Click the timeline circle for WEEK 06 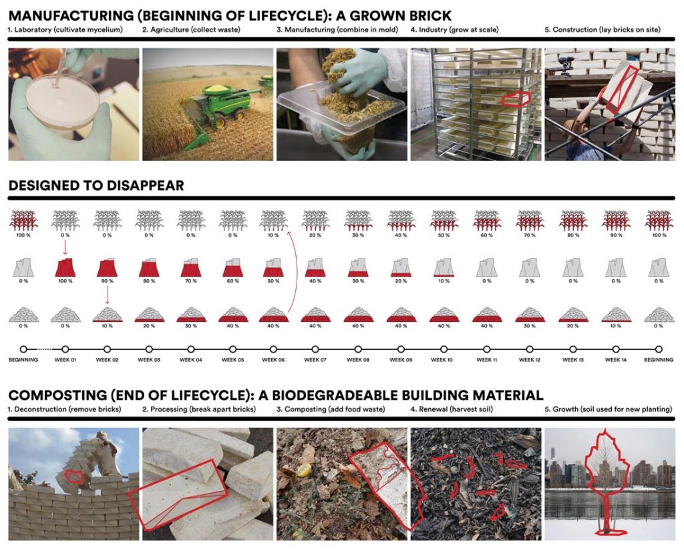273,349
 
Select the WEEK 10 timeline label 442,360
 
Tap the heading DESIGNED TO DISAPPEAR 96,186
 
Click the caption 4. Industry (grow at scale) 454,29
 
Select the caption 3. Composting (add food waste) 331,409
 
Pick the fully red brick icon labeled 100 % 65,267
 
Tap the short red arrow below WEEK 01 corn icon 65,247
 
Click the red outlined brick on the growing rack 516,99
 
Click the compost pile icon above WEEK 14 615,315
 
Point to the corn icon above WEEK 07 315,220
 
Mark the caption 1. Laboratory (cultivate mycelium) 65,29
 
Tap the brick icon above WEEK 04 190,267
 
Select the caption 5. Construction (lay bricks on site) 603,29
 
